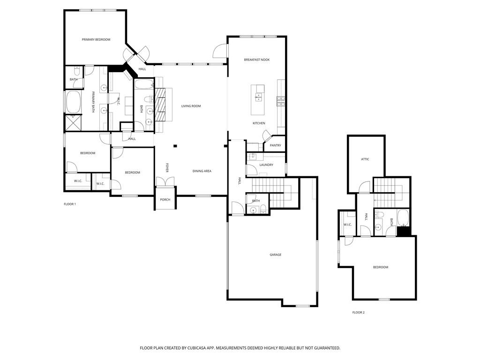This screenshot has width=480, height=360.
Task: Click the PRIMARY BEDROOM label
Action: tap(96, 39)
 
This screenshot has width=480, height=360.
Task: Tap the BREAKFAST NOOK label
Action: tap(256, 60)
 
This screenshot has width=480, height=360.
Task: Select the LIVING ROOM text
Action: tap(191, 106)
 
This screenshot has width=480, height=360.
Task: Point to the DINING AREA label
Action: tap(202, 171)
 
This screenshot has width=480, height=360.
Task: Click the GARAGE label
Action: tap(276, 255)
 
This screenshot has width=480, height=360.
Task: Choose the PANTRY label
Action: tap(275, 145)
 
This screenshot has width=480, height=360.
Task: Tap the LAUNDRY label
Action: tap(266, 165)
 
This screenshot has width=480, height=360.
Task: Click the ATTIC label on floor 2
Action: tap(365, 159)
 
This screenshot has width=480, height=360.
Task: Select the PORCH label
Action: tap(165, 200)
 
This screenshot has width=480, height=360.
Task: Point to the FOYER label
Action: tap(167, 167)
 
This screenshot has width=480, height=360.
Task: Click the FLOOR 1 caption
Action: tap(70, 204)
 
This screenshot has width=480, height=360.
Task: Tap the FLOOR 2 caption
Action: tap(359, 312)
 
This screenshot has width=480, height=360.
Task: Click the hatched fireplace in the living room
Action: tap(160, 105)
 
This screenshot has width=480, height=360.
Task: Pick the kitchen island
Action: tap(258, 100)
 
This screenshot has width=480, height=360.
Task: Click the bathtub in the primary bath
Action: tap(73, 102)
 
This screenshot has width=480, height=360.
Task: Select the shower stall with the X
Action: tap(73, 122)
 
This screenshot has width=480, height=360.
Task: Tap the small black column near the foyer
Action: tap(175, 146)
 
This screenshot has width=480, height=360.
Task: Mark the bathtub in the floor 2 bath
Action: tap(403, 218)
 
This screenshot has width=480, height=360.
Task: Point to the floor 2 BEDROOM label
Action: tap(381, 267)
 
